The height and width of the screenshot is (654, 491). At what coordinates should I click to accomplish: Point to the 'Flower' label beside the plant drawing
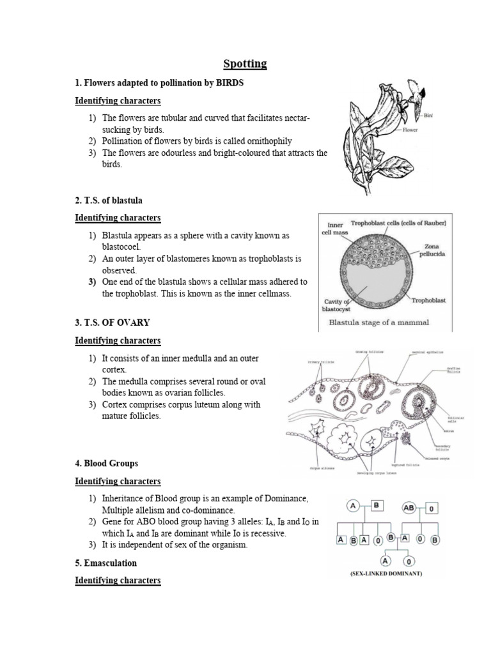[x=410, y=130]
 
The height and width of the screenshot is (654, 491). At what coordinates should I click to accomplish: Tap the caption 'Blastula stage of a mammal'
[x=379, y=323]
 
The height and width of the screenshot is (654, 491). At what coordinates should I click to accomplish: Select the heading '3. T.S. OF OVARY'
[x=113, y=323]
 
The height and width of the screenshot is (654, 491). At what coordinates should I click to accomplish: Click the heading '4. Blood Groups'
[x=106, y=463]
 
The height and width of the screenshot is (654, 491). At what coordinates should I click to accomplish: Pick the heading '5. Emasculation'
[x=105, y=563]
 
